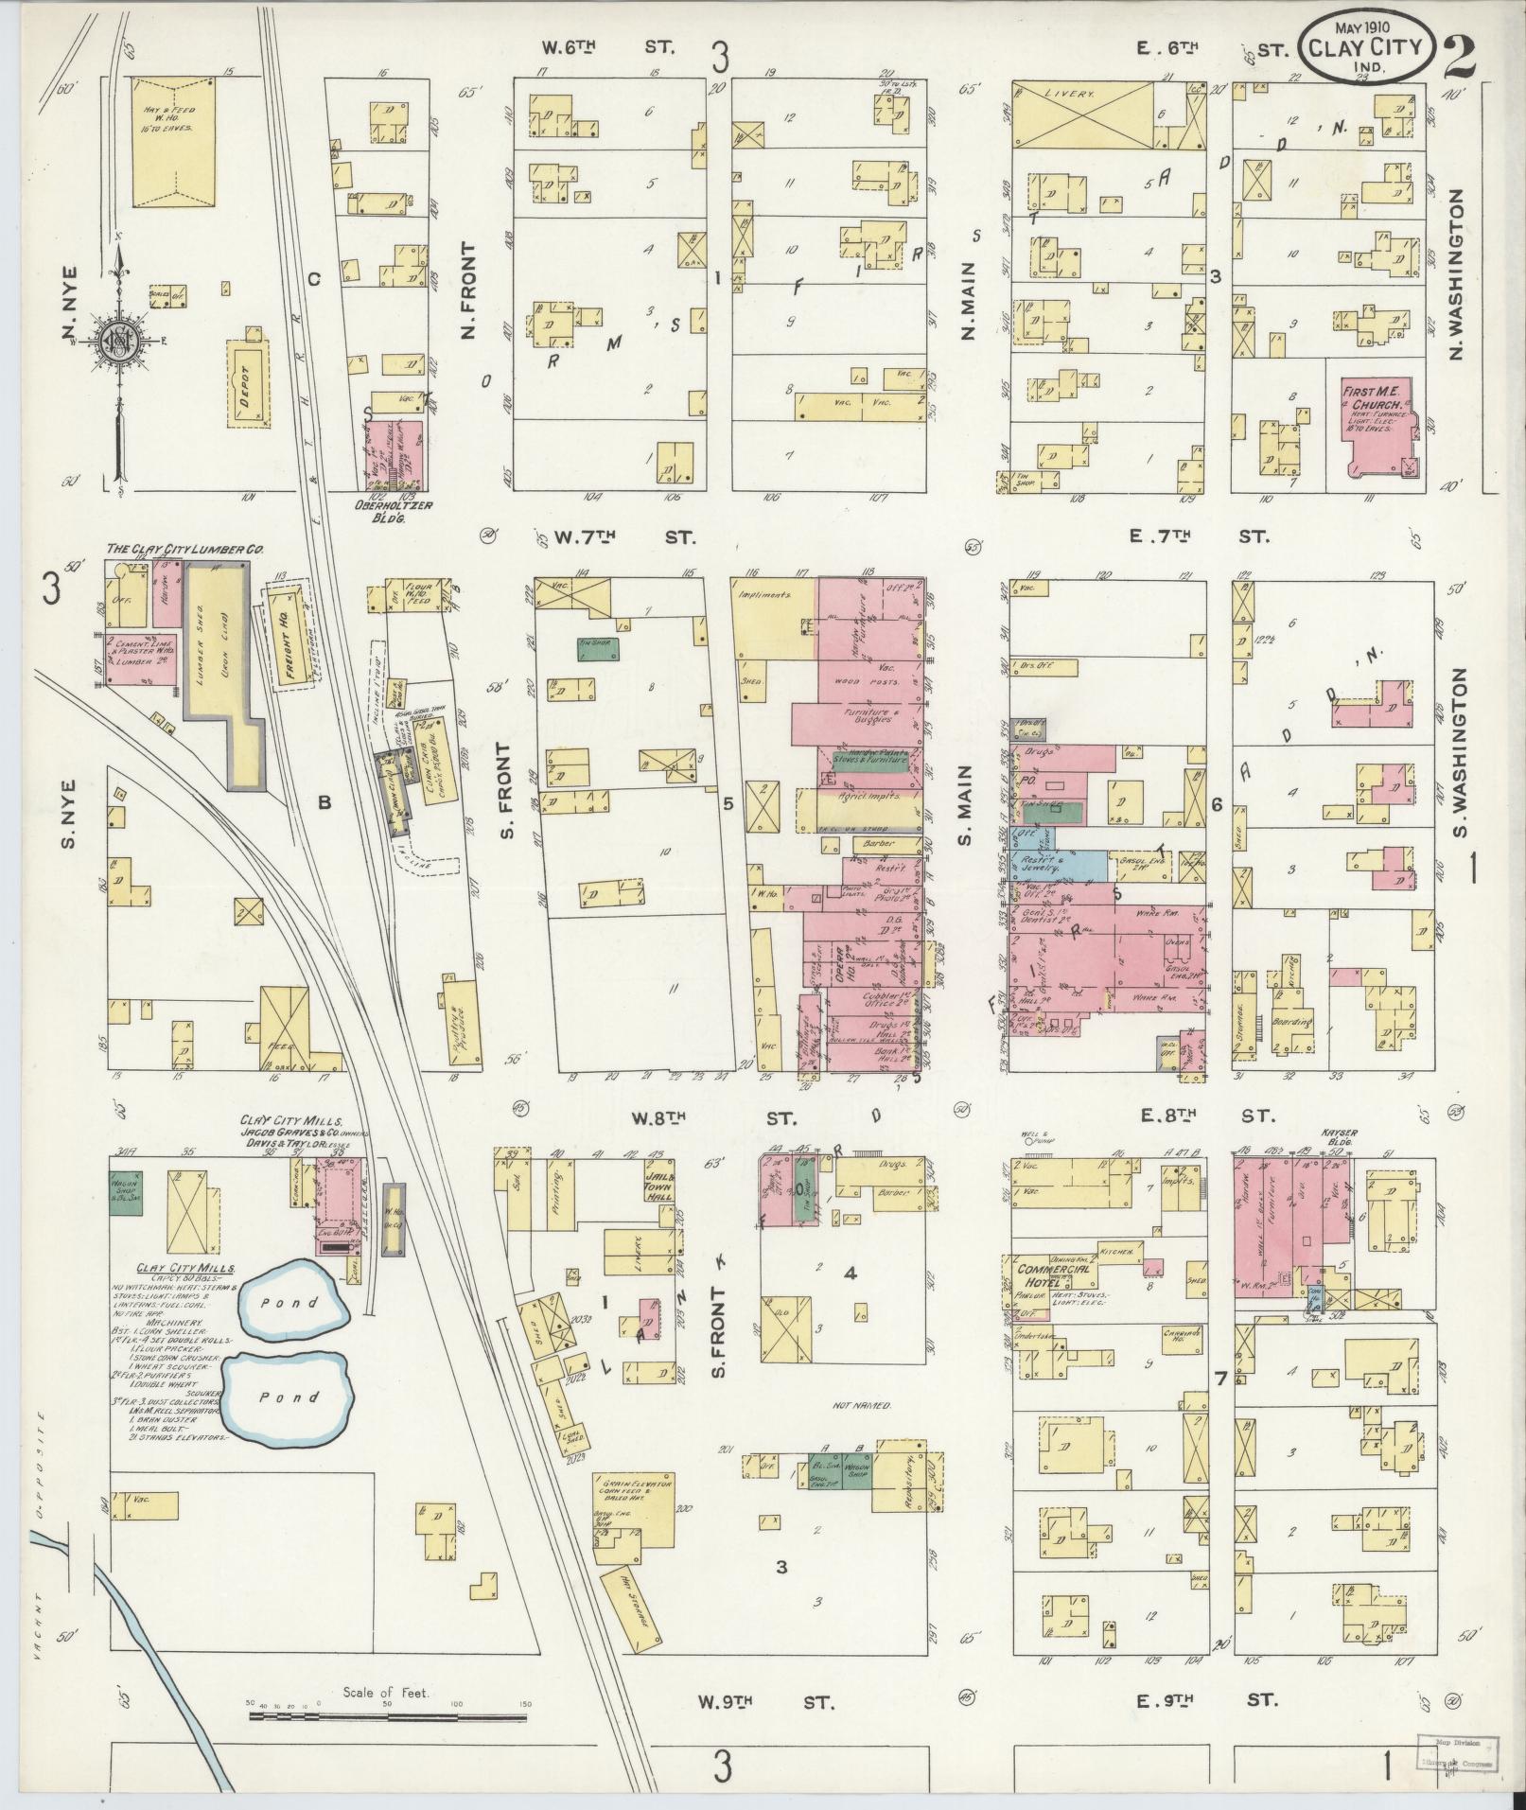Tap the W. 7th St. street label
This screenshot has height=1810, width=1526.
point(623,537)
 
